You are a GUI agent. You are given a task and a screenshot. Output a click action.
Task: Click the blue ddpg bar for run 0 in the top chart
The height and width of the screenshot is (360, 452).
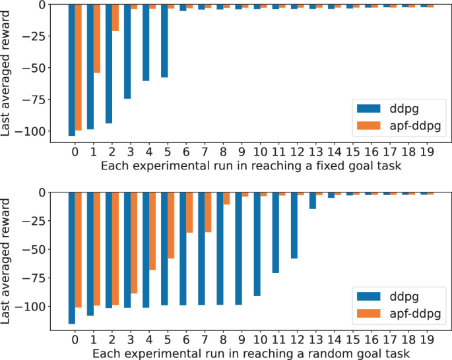click(x=72, y=69)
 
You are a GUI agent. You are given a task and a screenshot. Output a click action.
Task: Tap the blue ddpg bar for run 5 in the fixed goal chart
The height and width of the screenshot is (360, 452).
click(x=164, y=41)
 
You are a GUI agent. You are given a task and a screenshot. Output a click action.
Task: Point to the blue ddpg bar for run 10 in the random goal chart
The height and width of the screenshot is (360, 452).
click(x=257, y=244)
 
